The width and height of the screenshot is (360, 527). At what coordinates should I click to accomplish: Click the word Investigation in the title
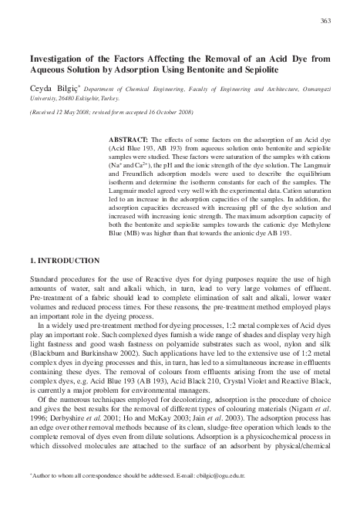point(60,58)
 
